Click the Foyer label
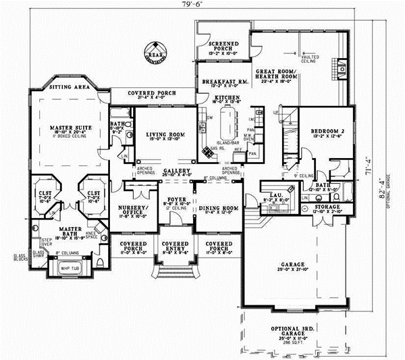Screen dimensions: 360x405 [x=177, y=201]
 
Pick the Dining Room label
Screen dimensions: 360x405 [x=222, y=208]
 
